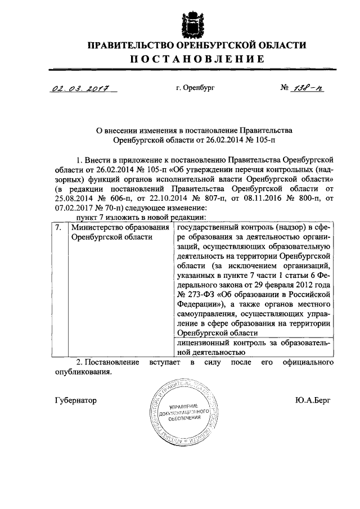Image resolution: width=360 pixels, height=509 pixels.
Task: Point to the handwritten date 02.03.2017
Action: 79,89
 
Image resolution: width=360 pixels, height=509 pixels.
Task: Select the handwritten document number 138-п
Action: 307,88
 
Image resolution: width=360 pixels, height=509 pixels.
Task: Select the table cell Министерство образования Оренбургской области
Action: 119,232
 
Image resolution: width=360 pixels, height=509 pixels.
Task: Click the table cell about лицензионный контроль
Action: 253,347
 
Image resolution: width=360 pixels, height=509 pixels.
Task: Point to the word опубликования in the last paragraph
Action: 84,372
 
